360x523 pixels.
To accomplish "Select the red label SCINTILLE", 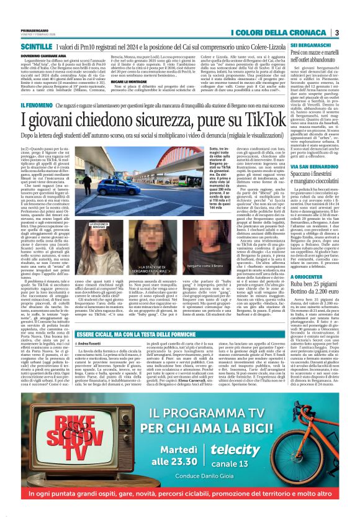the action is coord(37,47).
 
